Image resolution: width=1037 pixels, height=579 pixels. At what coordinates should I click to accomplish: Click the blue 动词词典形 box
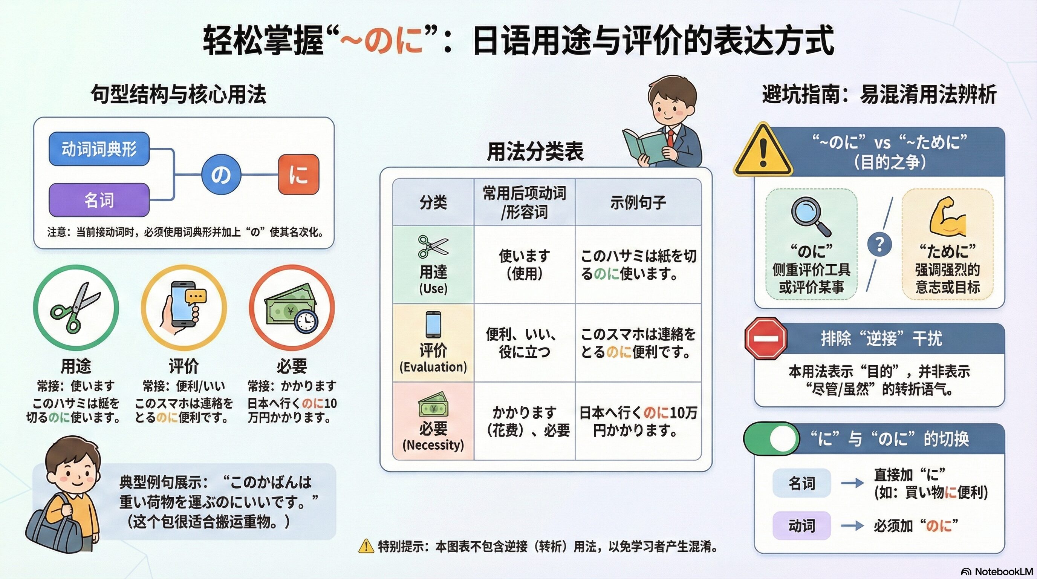99,149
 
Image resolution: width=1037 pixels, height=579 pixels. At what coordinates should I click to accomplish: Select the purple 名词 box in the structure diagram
99,200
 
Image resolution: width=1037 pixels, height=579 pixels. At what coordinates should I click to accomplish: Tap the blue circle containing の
221,175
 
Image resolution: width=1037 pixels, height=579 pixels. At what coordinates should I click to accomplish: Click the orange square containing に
298,175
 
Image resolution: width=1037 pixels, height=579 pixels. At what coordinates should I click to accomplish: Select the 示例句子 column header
638,202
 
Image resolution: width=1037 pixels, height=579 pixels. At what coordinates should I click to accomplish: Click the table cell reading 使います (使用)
524,265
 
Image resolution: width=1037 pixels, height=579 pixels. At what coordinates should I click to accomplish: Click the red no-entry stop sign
765,338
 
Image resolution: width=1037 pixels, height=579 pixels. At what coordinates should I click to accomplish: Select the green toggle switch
771,438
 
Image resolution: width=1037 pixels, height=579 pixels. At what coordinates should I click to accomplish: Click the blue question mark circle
879,244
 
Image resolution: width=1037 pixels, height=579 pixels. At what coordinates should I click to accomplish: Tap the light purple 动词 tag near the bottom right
801,525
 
